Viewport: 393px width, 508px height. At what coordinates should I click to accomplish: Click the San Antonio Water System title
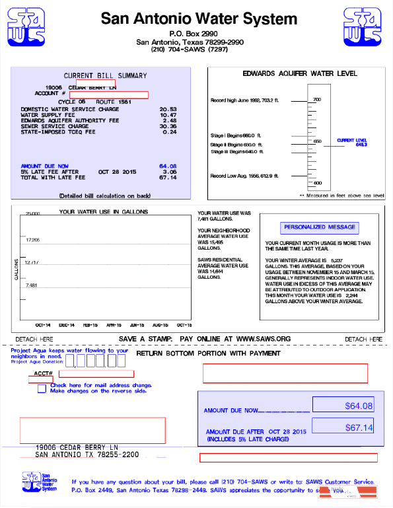[199, 19]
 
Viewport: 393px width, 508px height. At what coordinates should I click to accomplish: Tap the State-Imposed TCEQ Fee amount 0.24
[170, 132]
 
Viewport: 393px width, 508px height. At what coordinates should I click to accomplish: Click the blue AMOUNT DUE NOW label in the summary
[44, 166]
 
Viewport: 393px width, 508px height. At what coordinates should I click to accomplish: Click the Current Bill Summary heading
[105, 75]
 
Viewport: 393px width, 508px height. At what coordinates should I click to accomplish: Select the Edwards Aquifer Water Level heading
[300, 74]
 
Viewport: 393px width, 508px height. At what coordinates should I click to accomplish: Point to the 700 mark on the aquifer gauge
[317, 100]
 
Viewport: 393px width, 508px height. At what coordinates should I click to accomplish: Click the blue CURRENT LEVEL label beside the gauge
[352, 141]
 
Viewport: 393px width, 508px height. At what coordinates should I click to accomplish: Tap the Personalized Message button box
[320, 227]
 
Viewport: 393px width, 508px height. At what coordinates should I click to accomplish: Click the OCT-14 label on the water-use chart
[43, 325]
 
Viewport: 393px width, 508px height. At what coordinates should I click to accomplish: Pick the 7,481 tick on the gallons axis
[32, 285]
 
